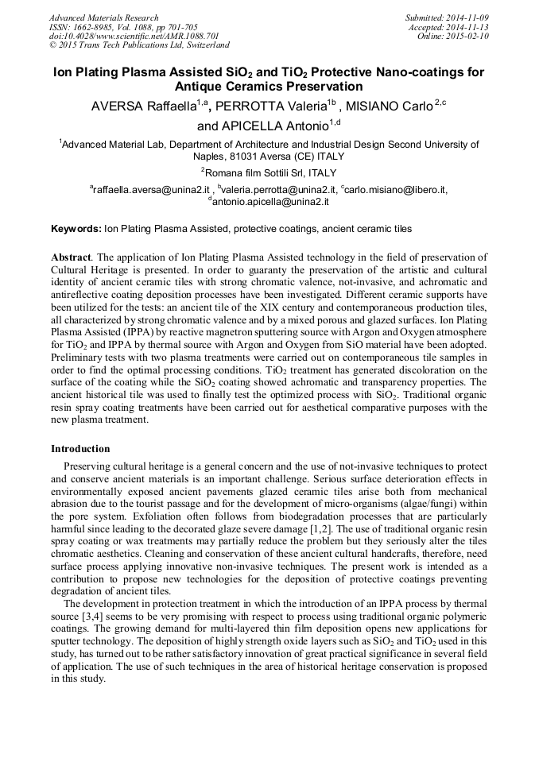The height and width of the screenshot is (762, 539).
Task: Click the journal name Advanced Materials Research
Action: click(x=103, y=17)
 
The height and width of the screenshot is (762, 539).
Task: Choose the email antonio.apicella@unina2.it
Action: click(x=270, y=202)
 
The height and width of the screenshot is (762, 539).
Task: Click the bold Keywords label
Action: click(x=76, y=229)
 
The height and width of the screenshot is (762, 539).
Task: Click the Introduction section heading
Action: click(x=80, y=449)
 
